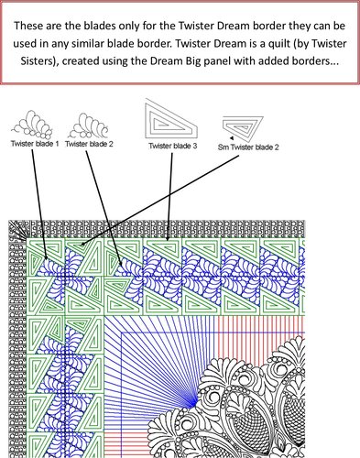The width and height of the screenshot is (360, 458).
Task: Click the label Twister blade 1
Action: pyautogui.click(x=35, y=144)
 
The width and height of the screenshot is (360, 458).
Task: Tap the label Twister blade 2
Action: pyautogui.click(x=89, y=144)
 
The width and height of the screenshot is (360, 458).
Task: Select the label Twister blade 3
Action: pyautogui.click(x=173, y=146)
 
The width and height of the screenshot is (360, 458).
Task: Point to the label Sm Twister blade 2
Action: pyautogui.click(x=248, y=147)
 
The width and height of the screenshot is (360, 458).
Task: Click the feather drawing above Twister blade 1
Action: pyautogui.click(x=32, y=125)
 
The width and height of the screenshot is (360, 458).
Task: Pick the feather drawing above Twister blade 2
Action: pyautogui.click(x=89, y=125)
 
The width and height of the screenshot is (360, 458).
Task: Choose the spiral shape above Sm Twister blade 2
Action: pyautogui.click(x=243, y=125)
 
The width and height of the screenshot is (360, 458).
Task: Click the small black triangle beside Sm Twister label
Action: pyautogui.click(x=232, y=138)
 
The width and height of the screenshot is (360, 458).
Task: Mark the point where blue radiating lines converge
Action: pyautogui.click(x=194, y=403)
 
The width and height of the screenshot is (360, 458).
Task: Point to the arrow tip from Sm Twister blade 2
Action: pyautogui.click(x=80, y=245)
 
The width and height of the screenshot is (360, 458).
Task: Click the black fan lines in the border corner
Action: pyautogui.click(x=17, y=230)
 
